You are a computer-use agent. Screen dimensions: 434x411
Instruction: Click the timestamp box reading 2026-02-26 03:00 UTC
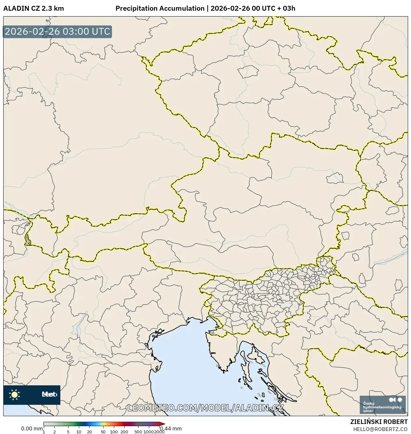57,32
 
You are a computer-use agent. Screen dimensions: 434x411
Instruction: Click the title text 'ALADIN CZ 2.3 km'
33,8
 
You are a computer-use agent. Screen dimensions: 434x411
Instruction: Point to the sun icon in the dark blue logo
14,394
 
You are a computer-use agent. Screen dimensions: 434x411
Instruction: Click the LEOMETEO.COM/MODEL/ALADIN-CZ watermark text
206,408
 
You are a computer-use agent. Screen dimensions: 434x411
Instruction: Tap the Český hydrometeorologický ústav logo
382,404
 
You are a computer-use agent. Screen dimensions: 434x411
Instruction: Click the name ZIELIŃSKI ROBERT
379,422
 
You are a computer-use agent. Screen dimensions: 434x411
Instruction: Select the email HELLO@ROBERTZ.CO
380,429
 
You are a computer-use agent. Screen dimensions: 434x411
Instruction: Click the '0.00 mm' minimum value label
31,428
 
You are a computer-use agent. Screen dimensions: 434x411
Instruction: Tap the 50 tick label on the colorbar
103,432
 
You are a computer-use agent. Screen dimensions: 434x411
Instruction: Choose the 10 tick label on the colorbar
79,432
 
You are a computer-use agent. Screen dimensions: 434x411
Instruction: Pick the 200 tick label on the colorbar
124,432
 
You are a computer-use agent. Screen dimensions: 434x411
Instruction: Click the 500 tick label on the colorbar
138,432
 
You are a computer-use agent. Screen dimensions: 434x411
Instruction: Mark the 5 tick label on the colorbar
68,432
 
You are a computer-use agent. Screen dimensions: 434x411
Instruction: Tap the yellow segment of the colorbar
103,424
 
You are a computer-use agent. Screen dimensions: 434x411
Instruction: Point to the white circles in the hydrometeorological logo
395,400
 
